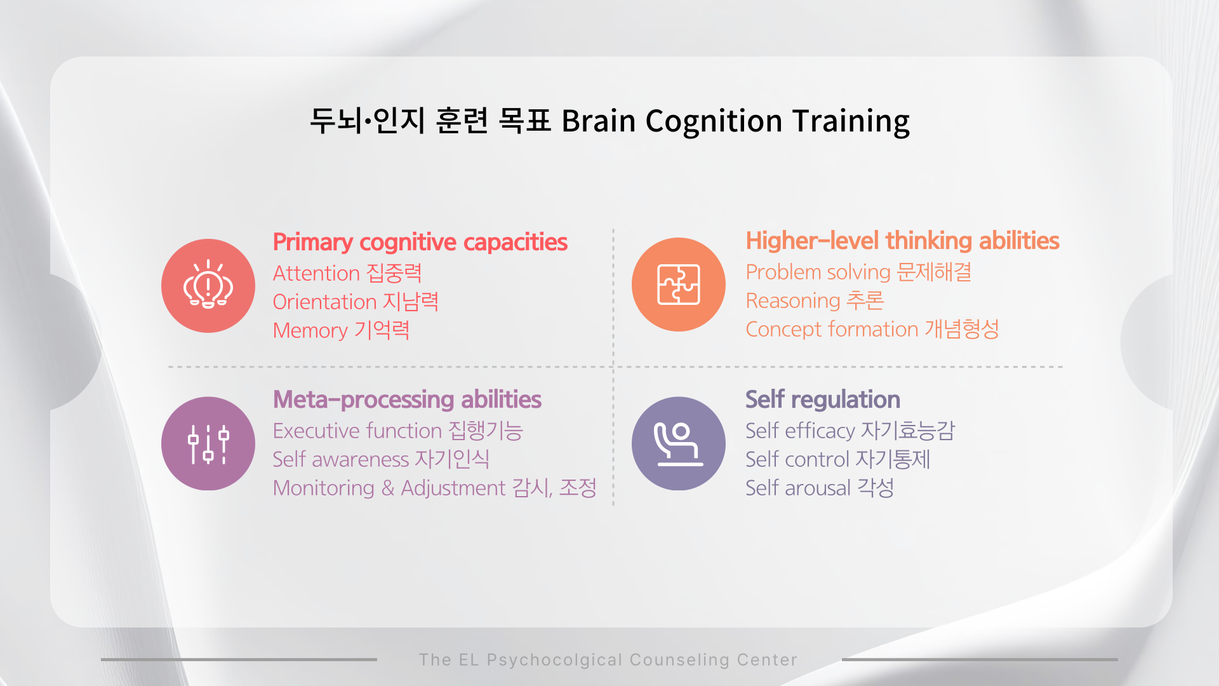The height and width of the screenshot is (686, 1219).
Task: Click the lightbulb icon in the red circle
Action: click(208, 284)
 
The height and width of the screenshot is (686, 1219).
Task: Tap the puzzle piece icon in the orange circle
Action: click(679, 284)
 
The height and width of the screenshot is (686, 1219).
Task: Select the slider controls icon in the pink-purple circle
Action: click(208, 443)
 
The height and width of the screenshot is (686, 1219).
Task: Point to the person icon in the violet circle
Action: click(679, 444)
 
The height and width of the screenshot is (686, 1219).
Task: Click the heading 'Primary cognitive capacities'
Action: click(420, 243)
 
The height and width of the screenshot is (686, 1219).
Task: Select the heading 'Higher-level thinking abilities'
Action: click(902, 241)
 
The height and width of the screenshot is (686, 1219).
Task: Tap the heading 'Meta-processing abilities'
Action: click(407, 400)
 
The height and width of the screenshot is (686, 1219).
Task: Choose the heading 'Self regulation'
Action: click(823, 400)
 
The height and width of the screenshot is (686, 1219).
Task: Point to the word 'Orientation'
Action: click(324, 302)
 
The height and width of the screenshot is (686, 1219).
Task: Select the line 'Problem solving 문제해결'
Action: click(858, 272)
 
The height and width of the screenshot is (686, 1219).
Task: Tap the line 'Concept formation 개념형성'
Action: click(872, 330)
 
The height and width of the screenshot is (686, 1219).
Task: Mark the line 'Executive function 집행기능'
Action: click(398, 431)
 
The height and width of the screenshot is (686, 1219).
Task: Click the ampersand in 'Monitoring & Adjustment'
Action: click(388, 488)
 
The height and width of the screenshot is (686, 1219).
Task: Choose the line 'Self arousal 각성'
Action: click(820, 488)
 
